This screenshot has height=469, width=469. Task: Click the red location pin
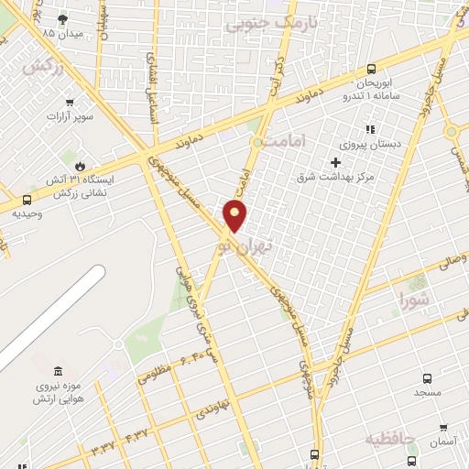click(235, 215)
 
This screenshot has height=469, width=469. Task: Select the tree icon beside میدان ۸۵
click(61, 18)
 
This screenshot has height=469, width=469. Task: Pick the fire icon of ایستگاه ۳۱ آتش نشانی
click(81, 166)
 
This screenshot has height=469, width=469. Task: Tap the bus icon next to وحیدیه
click(26, 199)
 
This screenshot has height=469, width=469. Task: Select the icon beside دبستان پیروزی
click(370, 130)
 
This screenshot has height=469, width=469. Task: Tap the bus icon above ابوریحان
click(371, 69)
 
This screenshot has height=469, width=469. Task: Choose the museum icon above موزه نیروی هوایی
click(59, 371)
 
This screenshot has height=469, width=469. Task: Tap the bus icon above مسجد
click(427, 377)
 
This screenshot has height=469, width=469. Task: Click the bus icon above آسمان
click(442, 428)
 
